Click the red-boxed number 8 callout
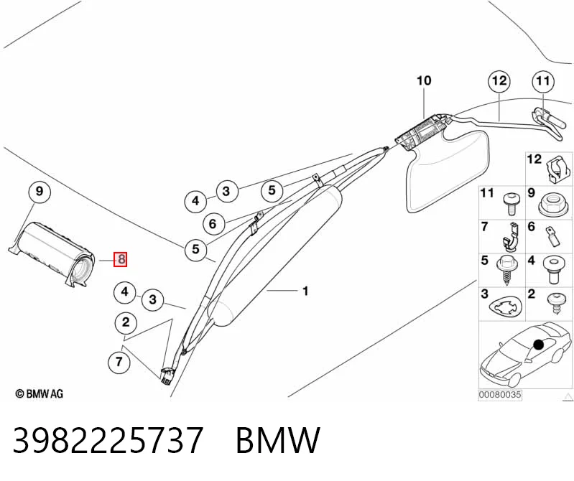pyautogui.click(x=121, y=259)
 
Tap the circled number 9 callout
pyautogui.click(x=40, y=191)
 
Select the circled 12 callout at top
pyautogui.click(x=500, y=81)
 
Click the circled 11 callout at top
pyautogui.click(x=543, y=81)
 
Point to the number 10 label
pyautogui.click(x=424, y=80)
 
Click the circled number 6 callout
pyautogui.click(x=213, y=223)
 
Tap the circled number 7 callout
pyautogui.click(x=119, y=362)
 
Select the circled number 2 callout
pyautogui.click(x=126, y=322)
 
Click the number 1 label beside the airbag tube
pyautogui.click(x=305, y=291)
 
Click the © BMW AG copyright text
pyautogui.click(x=40, y=394)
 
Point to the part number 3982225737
pyautogui.click(x=108, y=439)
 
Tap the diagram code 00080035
pyautogui.click(x=500, y=395)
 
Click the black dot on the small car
pyautogui.click(x=539, y=345)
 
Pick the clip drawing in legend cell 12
pyautogui.click(x=557, y=170)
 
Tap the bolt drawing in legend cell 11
pyautogui.click(x=510, y=204)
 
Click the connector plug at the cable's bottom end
pyautogui.click(x=167, y=376)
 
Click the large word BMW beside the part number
pyautogui.click(x=278, y=439)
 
